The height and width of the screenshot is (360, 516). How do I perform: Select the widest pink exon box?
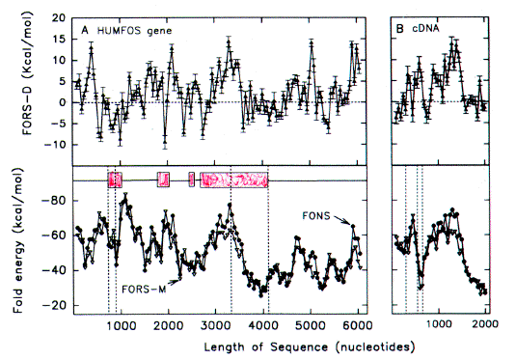[233, 180]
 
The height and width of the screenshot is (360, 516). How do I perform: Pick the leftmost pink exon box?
[115, 180]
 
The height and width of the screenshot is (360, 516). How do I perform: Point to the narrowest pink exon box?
[192, 179]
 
